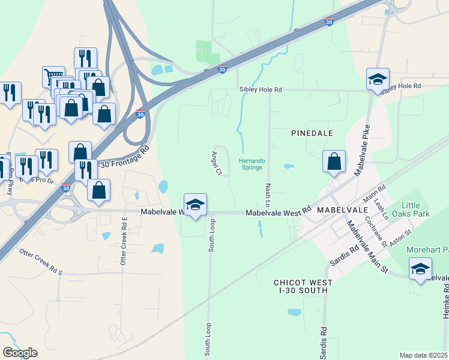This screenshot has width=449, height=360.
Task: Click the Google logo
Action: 20,352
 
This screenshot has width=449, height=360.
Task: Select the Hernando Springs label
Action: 252,164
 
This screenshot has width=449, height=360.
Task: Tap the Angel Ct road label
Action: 216,163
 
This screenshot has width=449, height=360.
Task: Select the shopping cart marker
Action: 53,76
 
